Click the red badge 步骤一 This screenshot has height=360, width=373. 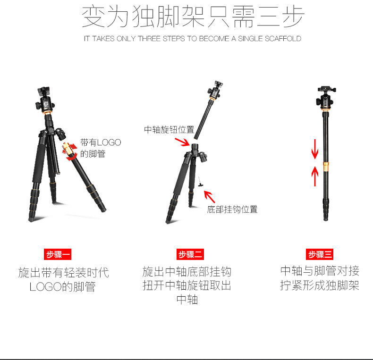[x=58, y=254]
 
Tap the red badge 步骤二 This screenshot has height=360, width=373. [x=190, y=254]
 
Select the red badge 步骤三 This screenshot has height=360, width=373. [x=320, y=254]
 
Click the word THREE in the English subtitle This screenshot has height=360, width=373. [x=149, y=39]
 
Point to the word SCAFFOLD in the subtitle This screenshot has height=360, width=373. [x=283, y=39]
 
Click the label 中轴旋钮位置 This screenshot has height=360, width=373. [x=169, y=130]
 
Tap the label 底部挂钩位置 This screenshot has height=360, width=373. [x=232, y=209]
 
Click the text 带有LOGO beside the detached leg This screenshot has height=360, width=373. [x=101, y=142]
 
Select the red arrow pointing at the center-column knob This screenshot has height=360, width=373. [x=182, y=142]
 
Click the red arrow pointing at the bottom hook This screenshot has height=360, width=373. [x=210, y=197]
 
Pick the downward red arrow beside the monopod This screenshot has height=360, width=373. [x=315, y=149]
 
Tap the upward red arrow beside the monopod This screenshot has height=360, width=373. [x=315, y=176]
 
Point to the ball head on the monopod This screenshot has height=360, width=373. [x=325, y=98]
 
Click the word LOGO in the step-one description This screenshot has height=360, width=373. [x=46, y=287]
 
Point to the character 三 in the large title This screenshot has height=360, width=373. [x=268, y=17]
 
